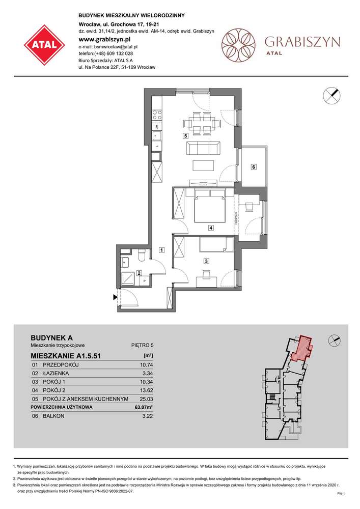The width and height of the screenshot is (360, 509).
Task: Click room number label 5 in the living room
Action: (186, 136)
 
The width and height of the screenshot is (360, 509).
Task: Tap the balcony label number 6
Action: (253, 167)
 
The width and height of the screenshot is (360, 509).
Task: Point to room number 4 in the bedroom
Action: (210, 228)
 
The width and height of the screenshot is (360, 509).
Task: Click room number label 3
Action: (206, 261)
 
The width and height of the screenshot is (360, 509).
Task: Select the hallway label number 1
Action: (161, 250)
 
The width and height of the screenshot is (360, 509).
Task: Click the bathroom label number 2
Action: (139, 273)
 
